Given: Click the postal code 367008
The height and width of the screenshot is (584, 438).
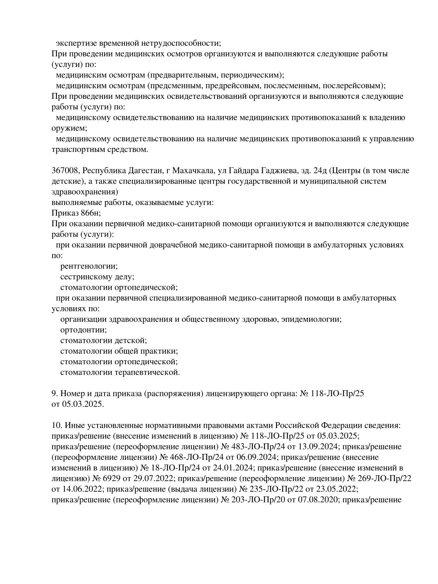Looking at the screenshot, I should click(65, 171).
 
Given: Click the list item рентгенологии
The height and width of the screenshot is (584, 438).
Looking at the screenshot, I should click(89, 266).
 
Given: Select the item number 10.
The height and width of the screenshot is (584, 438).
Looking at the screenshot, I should click(56, 425).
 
